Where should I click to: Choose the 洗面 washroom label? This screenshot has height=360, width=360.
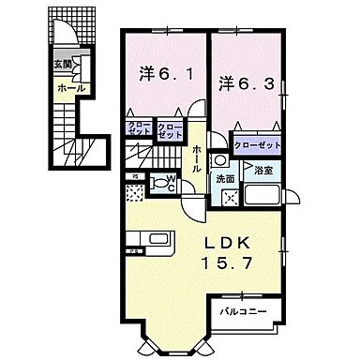pyautogui.click(x=224, y=178)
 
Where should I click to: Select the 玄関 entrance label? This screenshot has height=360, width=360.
pyautogui.click(x=62, y=65)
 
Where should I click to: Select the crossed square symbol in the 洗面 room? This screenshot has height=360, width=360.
pyautogui.click(x=227, y=199)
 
